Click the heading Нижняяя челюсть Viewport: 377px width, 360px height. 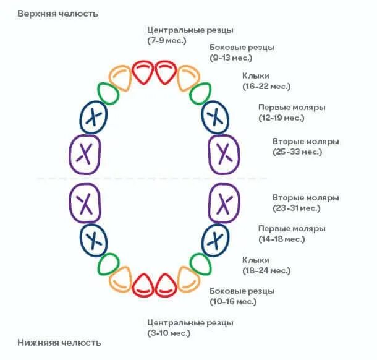point(59,342)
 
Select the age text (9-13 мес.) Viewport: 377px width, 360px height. point(231,58)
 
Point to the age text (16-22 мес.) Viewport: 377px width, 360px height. point(266,87)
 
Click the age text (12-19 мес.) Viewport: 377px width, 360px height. point(281,118)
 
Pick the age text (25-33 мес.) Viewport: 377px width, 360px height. point(297,152)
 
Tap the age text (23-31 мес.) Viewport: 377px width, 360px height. point(297,208)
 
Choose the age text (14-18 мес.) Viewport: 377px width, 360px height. point(281,239)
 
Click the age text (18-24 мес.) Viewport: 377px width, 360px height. point(266,271)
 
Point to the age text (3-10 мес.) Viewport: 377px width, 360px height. point(169,333)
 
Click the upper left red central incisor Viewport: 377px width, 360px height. point(143,72)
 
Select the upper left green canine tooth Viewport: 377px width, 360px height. point(109,94)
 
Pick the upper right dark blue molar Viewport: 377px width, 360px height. point(216,116)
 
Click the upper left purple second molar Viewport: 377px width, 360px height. point(85,152)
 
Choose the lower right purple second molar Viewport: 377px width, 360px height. point(224,202)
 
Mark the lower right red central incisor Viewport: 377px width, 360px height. point(165,285)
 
